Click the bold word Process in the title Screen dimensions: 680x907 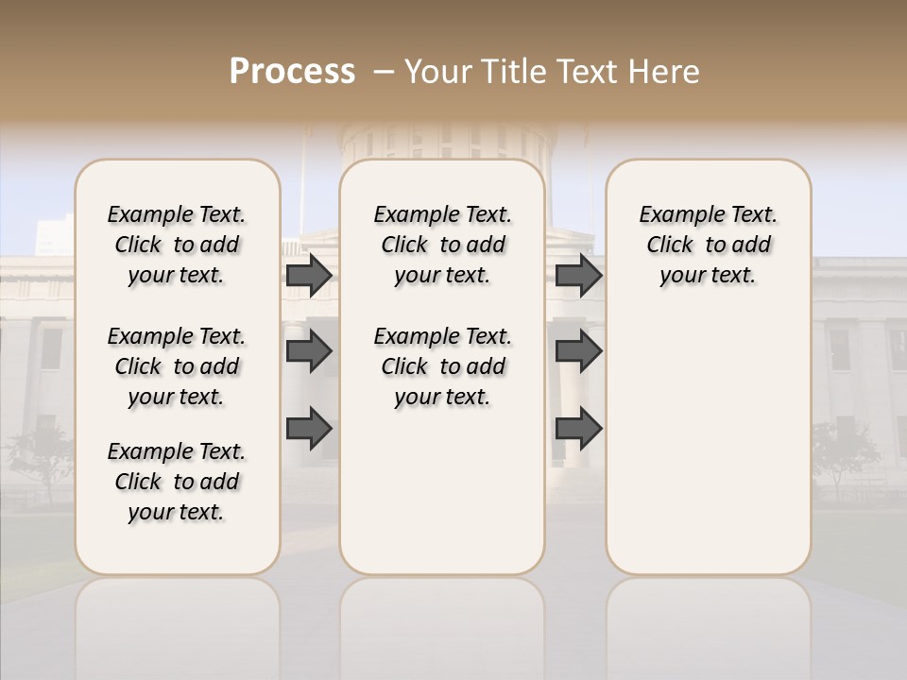coord(292,71)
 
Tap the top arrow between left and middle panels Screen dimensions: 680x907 coord(309,275)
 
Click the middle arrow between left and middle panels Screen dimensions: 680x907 coord(309,351)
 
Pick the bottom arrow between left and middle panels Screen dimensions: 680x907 coord(309,429)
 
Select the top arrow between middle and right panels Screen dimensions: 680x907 coord(578,275)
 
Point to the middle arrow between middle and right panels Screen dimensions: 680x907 coord(578,351)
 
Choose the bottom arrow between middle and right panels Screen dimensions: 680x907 coord(578,429)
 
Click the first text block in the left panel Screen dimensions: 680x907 coord(177,245)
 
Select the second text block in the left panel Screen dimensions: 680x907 coord(177,366)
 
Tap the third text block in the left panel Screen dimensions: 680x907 coord(177,482)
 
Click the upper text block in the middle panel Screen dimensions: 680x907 coord(442,245)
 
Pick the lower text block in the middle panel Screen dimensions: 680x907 coord(442,366)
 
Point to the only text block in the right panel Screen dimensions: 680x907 coord(708,245)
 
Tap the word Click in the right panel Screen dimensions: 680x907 coord(670,246)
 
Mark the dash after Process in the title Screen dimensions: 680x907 coord(384,72)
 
